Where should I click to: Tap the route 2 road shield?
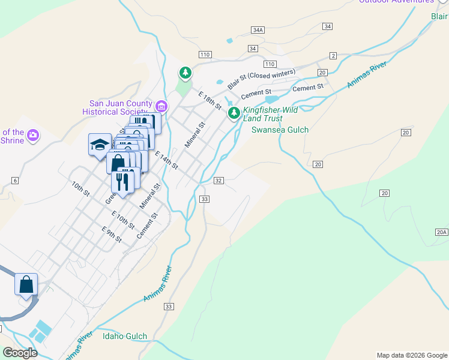point(333,56)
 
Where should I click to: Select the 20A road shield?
point(441,232)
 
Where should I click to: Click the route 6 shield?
point(14,181)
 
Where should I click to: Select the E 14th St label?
point(166,160)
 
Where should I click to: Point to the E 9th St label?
point(112,235)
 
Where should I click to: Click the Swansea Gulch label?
point(280,130)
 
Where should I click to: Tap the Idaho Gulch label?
point(124,336)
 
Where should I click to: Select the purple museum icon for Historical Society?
point(161,107)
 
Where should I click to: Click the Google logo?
point(20,353)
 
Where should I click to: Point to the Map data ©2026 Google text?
point(411,355)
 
